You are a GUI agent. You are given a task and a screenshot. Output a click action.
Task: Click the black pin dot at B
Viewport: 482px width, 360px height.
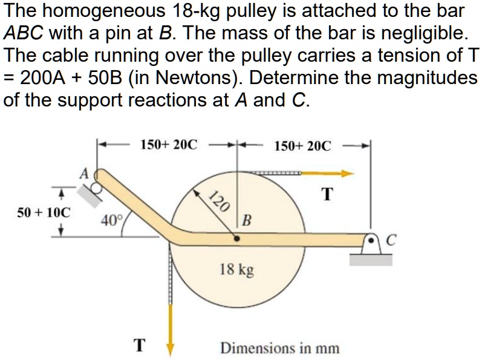tap(236, 239)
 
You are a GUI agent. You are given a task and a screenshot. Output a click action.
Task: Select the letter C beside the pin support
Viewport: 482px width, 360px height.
tap(390, 241)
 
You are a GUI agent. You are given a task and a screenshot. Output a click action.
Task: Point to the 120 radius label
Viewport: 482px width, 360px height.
tap(220, 199)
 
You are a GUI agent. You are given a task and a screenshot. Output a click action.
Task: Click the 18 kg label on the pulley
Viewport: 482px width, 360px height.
tap(236, 269)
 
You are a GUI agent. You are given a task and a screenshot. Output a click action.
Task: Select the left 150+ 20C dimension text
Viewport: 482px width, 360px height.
tap(169, 145)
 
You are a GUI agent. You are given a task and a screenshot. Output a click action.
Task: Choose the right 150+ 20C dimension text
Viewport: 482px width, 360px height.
tap(302, 146)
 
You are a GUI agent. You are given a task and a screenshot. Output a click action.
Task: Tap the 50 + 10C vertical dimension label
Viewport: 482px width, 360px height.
tap(44, 212)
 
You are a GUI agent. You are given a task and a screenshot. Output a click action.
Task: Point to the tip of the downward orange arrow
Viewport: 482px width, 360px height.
tap(171, 350)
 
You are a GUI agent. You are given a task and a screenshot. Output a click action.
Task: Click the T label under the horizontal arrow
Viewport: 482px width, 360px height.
tap(327, 194)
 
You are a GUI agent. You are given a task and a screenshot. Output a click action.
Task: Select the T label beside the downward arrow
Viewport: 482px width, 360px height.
tap(140, 345)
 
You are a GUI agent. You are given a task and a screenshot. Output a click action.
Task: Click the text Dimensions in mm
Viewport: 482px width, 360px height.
tap(279, 349)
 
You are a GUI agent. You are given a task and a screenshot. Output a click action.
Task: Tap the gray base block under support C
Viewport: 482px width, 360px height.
tap(371, 259)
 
